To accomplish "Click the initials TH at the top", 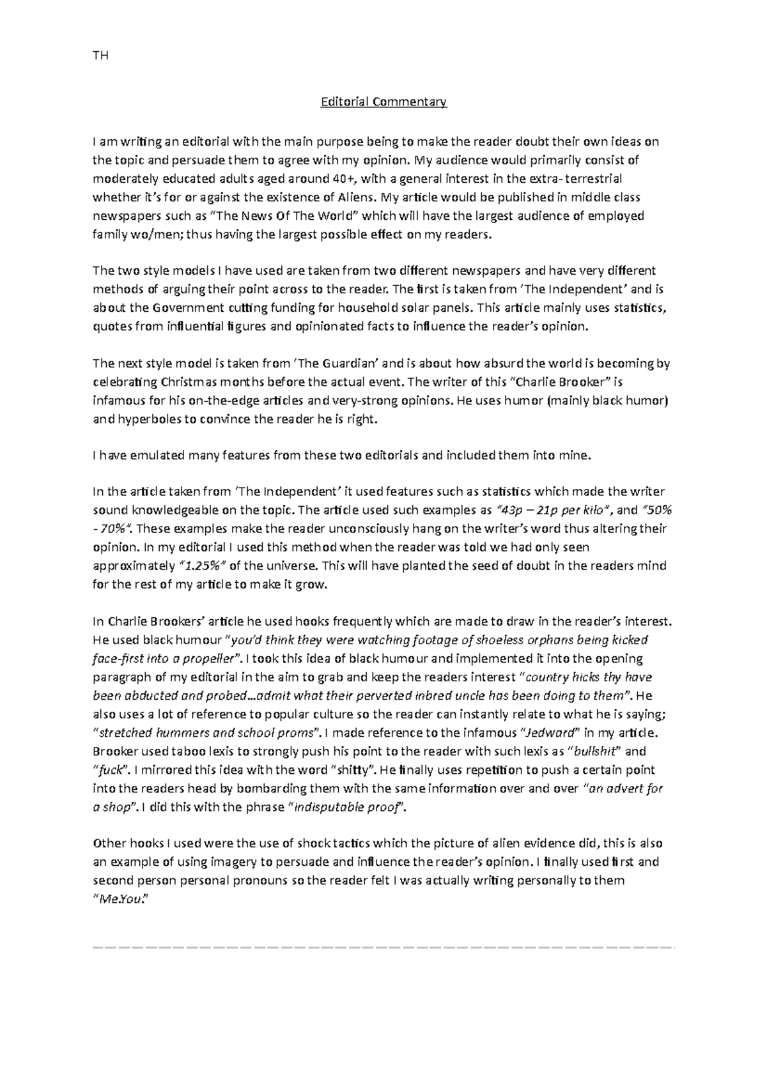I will pos(100,56).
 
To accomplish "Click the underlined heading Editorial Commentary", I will pos(383,102).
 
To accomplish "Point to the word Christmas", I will pos(186,382).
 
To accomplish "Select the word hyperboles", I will pos(147,420).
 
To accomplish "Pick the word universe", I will pos(285,566).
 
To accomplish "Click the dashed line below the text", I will pos(383,946).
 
